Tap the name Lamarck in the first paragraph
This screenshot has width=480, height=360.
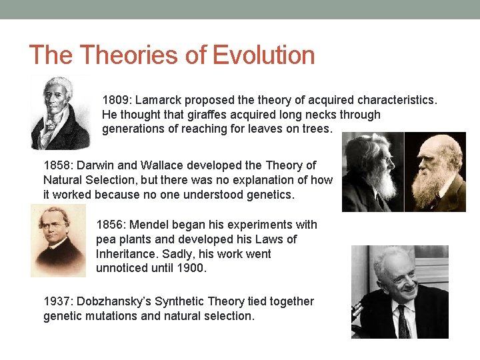[159, 100]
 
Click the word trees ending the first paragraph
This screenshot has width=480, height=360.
[316, 129]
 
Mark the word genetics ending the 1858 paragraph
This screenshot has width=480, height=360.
[271, 195]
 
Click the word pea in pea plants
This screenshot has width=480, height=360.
[107, 239]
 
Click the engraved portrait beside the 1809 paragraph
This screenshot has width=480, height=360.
[61, 113]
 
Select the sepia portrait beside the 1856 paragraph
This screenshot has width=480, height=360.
[59, 241]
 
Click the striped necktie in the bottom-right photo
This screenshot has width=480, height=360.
[403, 323]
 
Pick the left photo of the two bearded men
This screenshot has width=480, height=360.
[373, 172]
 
